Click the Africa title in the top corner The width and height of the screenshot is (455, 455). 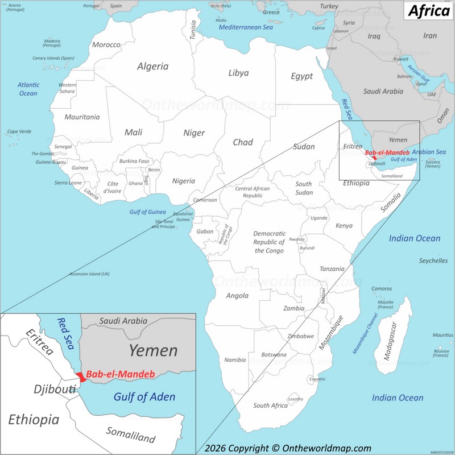(x=428, y=11)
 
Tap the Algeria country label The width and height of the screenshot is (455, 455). (x=152, y=66)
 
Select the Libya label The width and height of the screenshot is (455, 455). (x=238, y=73)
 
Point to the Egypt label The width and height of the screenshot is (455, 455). (x=301, y=76)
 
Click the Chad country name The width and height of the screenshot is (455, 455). (x=243, y=142)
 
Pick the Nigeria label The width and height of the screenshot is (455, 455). (x=183, y=181)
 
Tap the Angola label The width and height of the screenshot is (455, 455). (x=237, y=295)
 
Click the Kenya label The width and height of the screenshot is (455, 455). (x=344, y=226)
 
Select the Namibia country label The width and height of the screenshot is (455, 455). (x=235, y=360)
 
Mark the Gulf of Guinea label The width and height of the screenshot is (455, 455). (x=147, y=212)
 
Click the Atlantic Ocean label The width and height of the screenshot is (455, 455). (x=28, y=89)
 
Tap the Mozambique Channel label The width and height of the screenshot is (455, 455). (x=365, y=333)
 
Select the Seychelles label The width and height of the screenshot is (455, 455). (x=433, y=260)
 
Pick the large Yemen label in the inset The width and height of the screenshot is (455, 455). (x=153, y=350)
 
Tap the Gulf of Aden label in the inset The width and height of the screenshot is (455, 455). (x=144, y=397)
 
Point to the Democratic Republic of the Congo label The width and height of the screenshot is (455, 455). (x=268, y=242)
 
